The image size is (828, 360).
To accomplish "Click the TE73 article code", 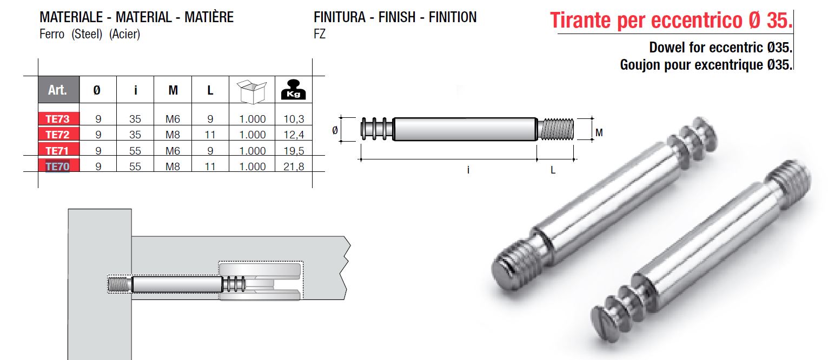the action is coord(58,118).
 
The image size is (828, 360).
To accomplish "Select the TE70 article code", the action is coord(58,166).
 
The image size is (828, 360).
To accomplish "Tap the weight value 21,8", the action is coord(294,166).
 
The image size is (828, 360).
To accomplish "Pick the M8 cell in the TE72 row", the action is coord(173,135).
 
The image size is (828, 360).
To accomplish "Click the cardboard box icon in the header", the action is coord(251,91).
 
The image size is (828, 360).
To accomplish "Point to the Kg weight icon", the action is coord(294,89).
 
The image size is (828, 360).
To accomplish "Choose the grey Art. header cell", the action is coord(58,89).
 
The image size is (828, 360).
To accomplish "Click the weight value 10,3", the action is coord(294,118).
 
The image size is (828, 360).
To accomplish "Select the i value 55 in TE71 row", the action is coord(135,150).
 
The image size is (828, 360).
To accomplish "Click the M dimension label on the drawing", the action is coord(599,132).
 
